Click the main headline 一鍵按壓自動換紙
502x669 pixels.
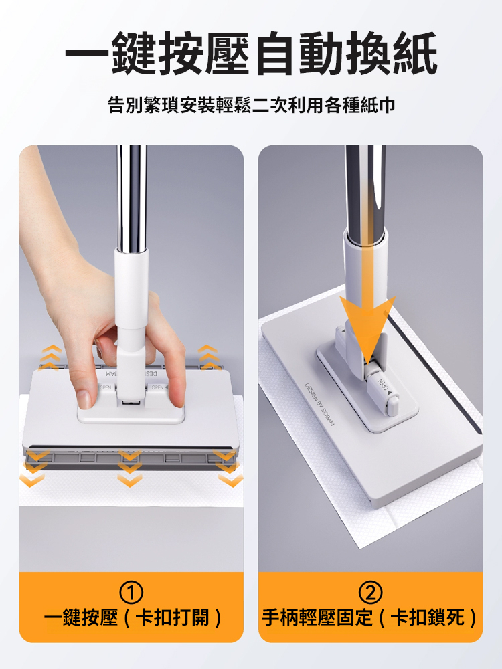point(251,53)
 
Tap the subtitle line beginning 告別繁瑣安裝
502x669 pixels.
point(251,105)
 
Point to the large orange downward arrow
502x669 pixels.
point(365,321)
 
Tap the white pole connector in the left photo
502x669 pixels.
point(131,294)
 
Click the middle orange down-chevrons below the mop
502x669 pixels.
point(129,468)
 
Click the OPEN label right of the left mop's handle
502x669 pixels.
point(158,389)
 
